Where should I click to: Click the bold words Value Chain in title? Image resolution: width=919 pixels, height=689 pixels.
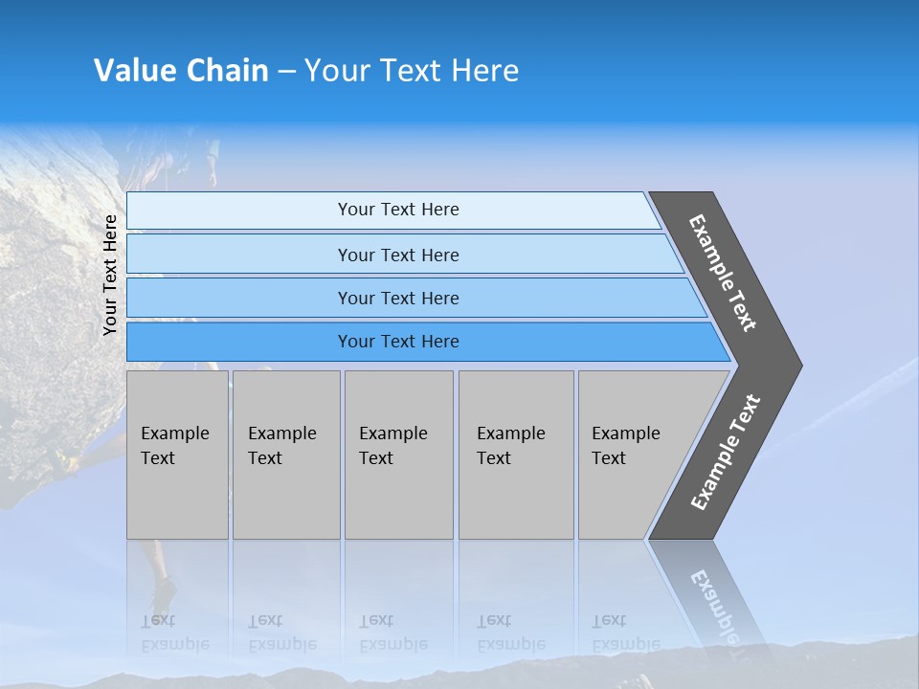[181, 71]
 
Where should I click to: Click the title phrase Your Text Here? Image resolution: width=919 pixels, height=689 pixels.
[412, 71]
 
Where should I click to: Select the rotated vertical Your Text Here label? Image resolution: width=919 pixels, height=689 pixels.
[110, 276]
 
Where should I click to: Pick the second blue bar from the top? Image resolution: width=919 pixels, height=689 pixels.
[398, 255]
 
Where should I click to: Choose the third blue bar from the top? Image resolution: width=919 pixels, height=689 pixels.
[398, 298]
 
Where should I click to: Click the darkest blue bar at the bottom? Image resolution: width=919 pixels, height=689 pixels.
[398, 342]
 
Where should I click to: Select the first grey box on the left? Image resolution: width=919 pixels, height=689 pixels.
[177, 455]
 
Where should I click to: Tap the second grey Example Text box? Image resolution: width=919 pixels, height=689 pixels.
[286, 455]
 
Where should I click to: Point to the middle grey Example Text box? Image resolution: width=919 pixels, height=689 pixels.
[398, 455]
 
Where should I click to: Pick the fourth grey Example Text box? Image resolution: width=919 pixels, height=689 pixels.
[516, 455]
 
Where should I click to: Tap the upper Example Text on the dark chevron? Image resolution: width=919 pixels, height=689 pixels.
[724, 273]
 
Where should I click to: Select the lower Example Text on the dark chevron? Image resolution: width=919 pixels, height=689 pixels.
[726, 452]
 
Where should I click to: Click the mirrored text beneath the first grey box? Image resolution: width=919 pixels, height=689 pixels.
[173, 633]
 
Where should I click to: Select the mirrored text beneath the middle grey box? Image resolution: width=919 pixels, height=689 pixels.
[392, 633]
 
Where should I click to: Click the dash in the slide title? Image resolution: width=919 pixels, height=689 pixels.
[286, 71]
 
